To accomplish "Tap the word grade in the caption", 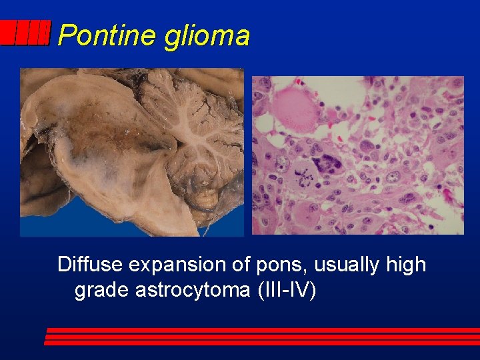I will coord(99,291).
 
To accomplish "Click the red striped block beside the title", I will coord(25,33).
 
